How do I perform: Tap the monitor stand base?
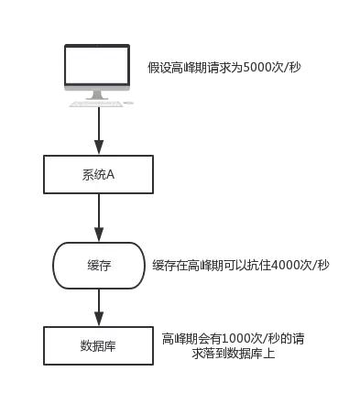click(x=97, y=102)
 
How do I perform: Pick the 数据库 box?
click(x=98, y=346)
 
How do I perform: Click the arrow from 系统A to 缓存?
click(x=98, y=217)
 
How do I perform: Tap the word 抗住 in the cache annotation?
click(x=259, y=265)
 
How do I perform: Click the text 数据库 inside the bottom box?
click(x=98, y=346)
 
